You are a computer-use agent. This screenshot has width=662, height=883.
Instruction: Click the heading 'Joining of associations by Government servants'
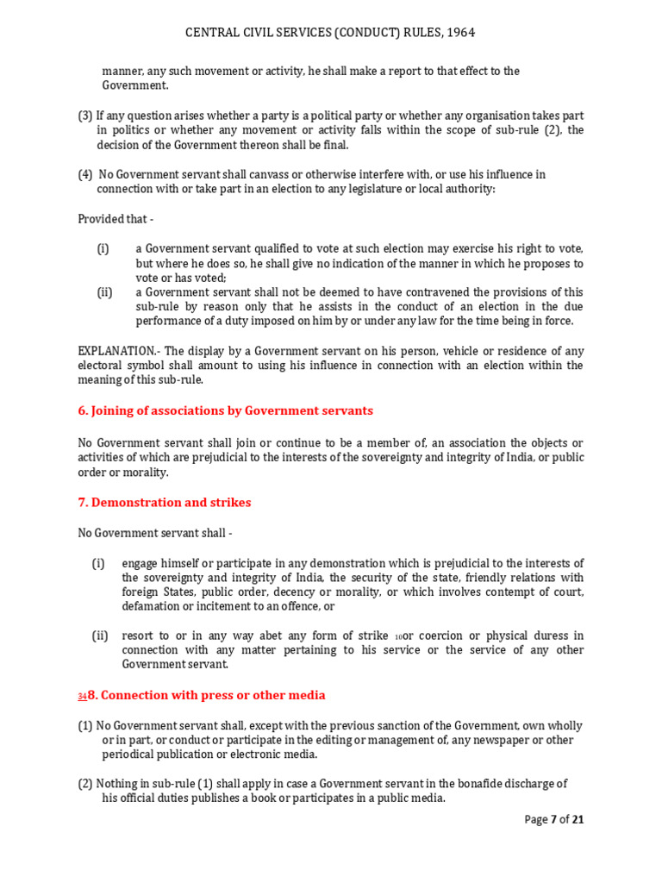[231, 411]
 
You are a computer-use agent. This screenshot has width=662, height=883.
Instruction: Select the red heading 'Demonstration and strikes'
[171, 503]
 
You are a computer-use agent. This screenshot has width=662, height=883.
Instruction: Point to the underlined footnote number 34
[83, 697]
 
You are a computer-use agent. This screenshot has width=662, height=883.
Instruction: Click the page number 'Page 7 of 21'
[553, 820]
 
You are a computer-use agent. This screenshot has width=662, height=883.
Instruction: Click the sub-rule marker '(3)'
[85, 116]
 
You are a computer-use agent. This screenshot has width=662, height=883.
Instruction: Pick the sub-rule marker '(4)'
[85, 175]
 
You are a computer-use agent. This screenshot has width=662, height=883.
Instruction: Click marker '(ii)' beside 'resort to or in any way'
[101, 636]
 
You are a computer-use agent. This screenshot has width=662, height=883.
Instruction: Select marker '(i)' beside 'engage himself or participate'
[99, 564]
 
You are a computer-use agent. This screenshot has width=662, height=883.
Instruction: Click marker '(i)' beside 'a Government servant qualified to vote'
[103, 249]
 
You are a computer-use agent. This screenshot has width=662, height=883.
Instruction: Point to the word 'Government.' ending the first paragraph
[135, 85]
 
